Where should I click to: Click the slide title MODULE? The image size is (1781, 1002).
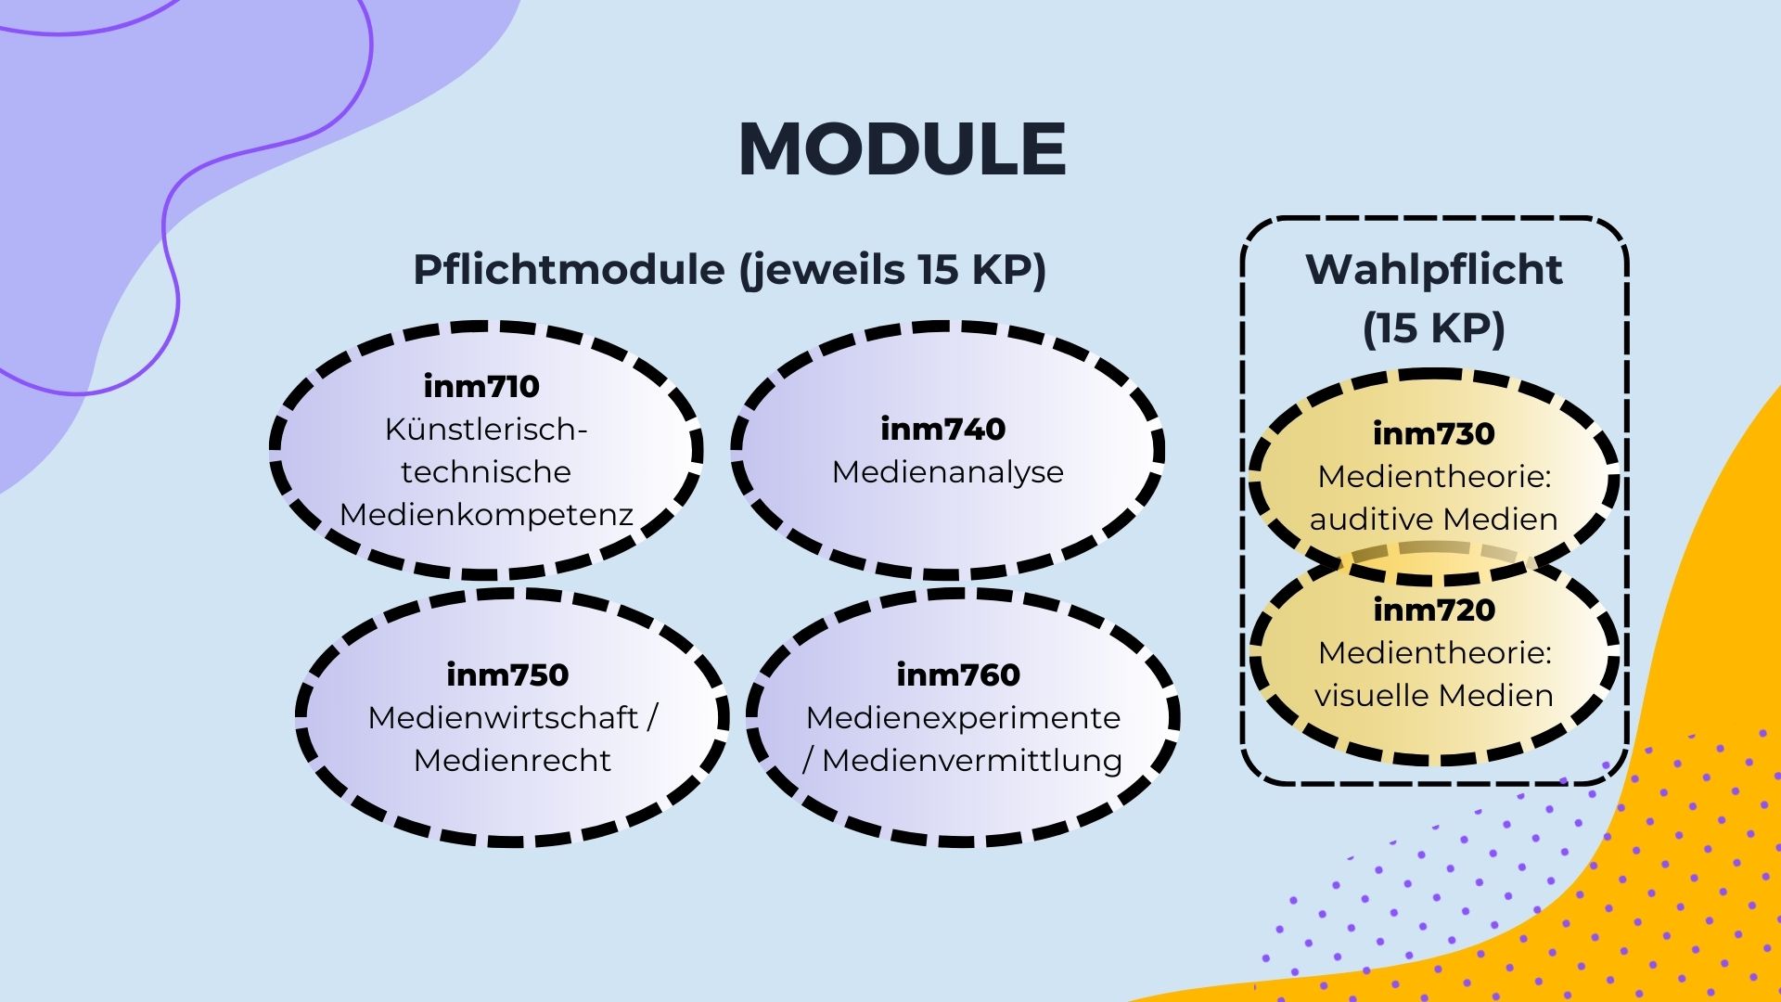click(903, 148)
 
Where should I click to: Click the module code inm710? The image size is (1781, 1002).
click(481, 386)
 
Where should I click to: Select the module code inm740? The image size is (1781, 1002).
click(942, 429)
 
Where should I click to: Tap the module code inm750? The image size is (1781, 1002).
click(507, 674)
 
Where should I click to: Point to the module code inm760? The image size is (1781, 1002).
click(958, 674)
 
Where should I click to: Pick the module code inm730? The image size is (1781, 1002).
click(1434, 433)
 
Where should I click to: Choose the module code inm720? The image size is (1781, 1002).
click(1434, 610)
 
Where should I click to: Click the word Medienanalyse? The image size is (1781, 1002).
click(947, 472)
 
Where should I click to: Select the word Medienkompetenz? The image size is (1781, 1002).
click(486, 514)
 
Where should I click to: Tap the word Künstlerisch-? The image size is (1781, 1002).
click(486, 430)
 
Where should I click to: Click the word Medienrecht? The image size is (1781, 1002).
click(512, 761)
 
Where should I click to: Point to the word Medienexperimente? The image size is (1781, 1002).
click(963, 717)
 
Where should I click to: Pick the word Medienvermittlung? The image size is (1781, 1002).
click(972, 761)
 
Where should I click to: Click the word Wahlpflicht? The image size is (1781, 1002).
click(1434, 270)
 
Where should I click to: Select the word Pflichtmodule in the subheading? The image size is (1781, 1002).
click(569, 270)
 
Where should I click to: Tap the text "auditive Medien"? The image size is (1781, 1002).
click(1434, 519)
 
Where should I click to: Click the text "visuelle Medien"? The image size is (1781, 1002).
click(1434, 695)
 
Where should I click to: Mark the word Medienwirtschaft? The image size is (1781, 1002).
click(503, 717)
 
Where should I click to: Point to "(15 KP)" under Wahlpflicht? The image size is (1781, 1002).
click(1434, 328)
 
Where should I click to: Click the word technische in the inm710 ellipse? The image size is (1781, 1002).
click(486, 472)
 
